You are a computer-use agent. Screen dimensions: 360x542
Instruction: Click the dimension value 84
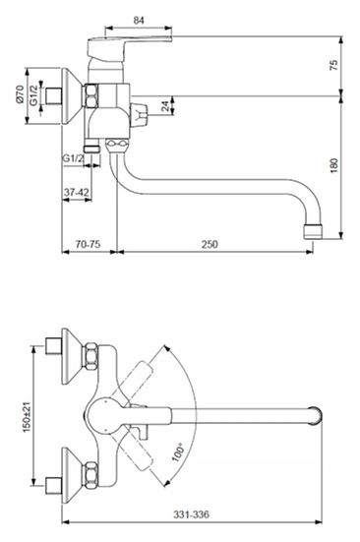tap(139, 21)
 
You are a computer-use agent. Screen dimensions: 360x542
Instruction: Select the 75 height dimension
tap(333, 66)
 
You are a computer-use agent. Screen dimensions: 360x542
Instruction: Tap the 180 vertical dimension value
tap(333, 166)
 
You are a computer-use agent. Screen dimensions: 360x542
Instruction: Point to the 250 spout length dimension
tap(210, 244)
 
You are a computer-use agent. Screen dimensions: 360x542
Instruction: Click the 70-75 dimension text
tap(89, 244)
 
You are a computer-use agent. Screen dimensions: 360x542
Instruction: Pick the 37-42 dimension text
tap(77, 192)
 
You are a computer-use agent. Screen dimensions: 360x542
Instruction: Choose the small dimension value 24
tap(166, 106)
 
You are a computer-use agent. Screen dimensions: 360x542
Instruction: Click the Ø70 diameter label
tap(20, 94)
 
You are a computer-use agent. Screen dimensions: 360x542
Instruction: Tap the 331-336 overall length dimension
tap(191, 514)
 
